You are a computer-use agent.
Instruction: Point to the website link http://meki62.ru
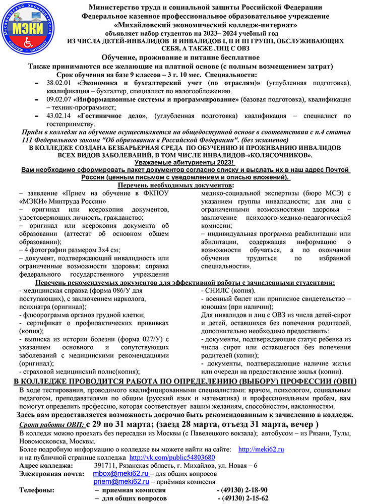tap(261, 449)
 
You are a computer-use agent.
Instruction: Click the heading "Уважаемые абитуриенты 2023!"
tap(184, 163)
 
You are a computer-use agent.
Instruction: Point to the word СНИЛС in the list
tap(215, 291)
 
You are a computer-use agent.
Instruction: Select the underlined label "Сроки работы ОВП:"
tap(51, 425)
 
